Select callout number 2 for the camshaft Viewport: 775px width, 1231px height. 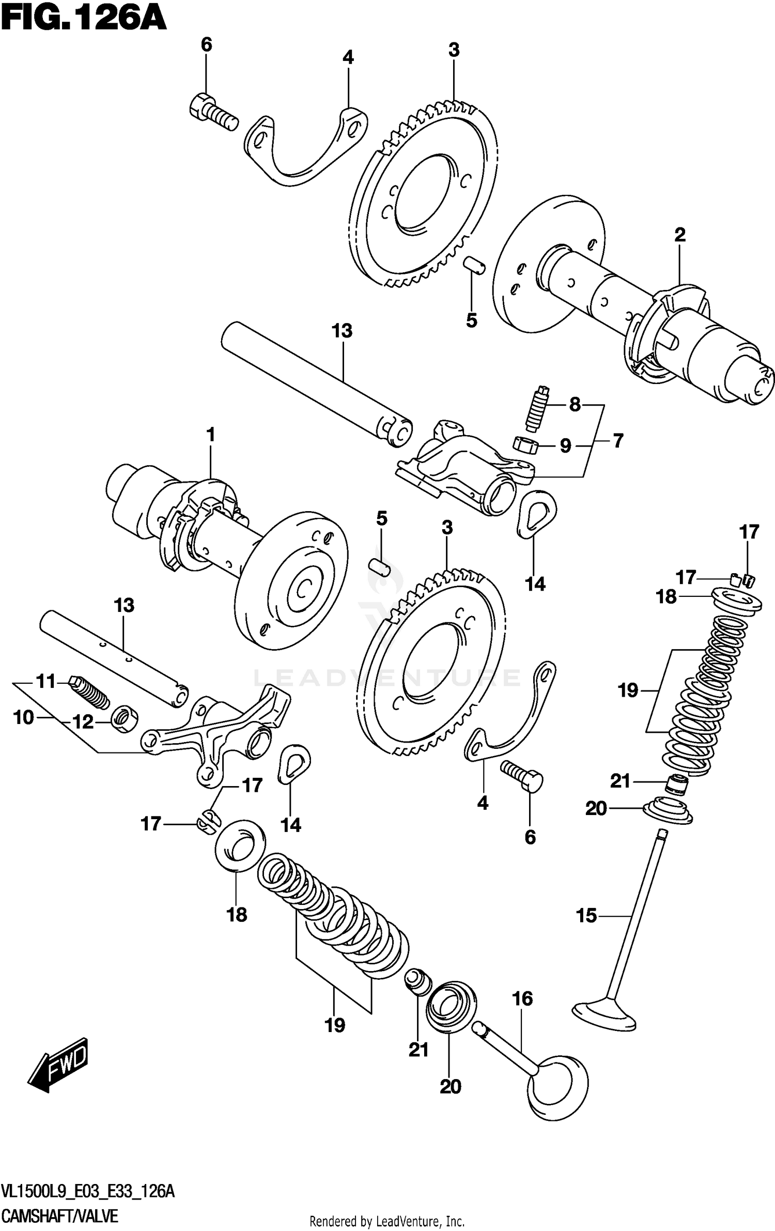pos(680,235)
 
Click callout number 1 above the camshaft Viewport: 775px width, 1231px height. pos(210,435)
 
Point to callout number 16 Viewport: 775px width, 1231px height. pos(522,998)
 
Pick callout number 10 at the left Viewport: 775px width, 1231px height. pos(23,717)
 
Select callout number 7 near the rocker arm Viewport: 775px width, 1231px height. pos(618,441)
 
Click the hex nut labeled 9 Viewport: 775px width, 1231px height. pos(525,443)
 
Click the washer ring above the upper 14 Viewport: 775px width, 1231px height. pos(536,513)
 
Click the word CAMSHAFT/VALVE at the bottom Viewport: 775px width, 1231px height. pos(60,1202)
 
